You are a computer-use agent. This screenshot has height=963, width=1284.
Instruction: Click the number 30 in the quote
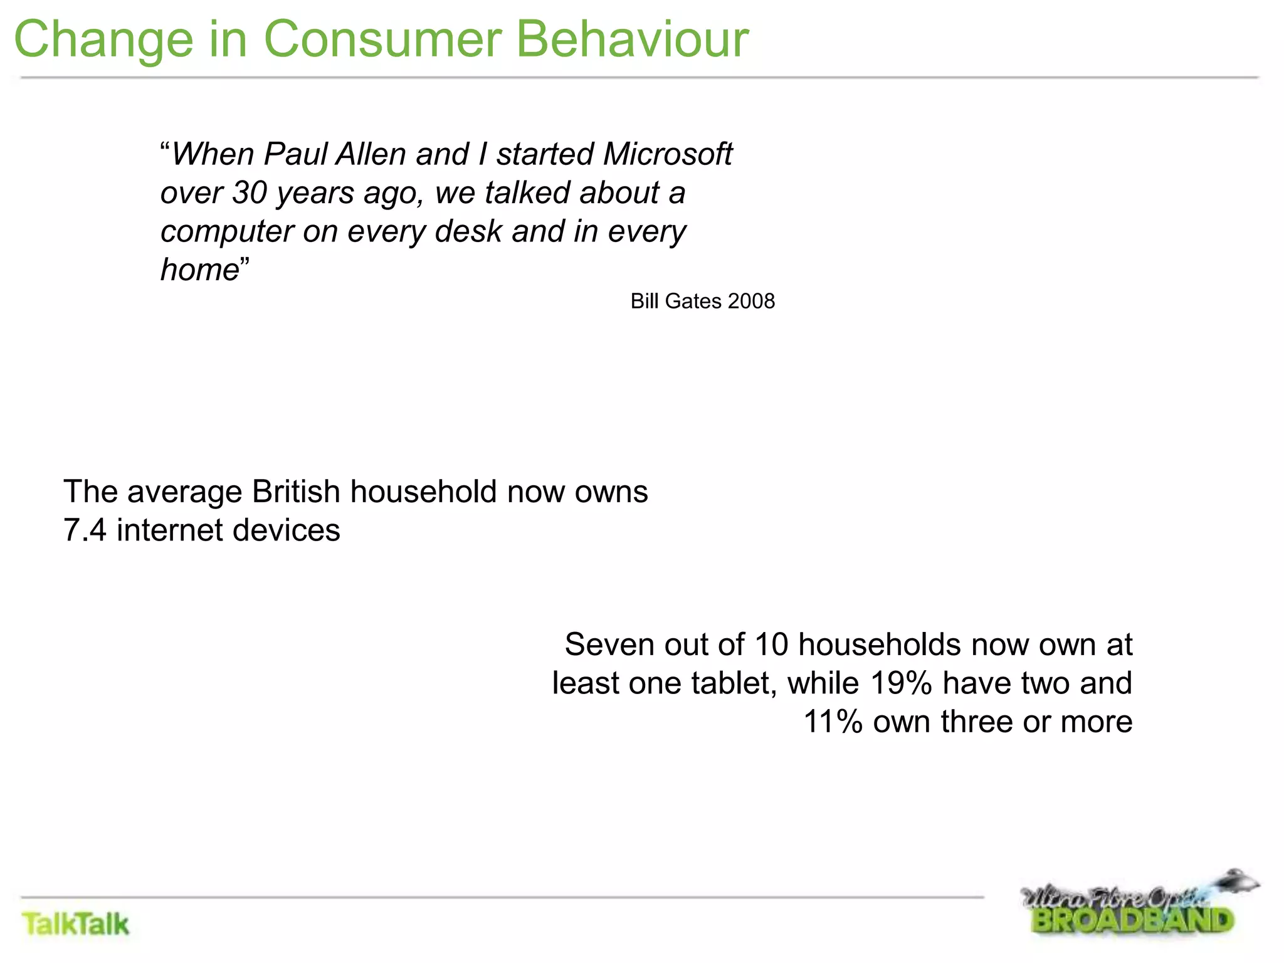point(250,193)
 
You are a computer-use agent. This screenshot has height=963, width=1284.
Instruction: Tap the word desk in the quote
point(468,231)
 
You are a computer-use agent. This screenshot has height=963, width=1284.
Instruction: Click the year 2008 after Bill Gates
point(752,302)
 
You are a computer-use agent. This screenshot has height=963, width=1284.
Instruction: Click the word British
point(296,492)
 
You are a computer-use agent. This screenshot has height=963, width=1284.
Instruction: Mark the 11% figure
point(833,722)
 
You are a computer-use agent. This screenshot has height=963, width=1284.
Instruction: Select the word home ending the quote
point(200,270)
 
